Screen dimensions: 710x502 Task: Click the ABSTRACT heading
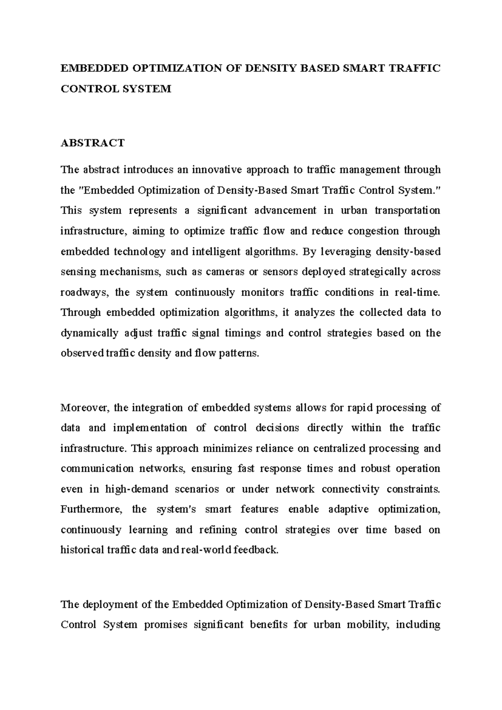point(92,143)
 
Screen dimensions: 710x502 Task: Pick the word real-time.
point(417,292)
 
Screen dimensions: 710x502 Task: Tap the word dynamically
point(90,333)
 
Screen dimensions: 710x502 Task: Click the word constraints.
point(413,489)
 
